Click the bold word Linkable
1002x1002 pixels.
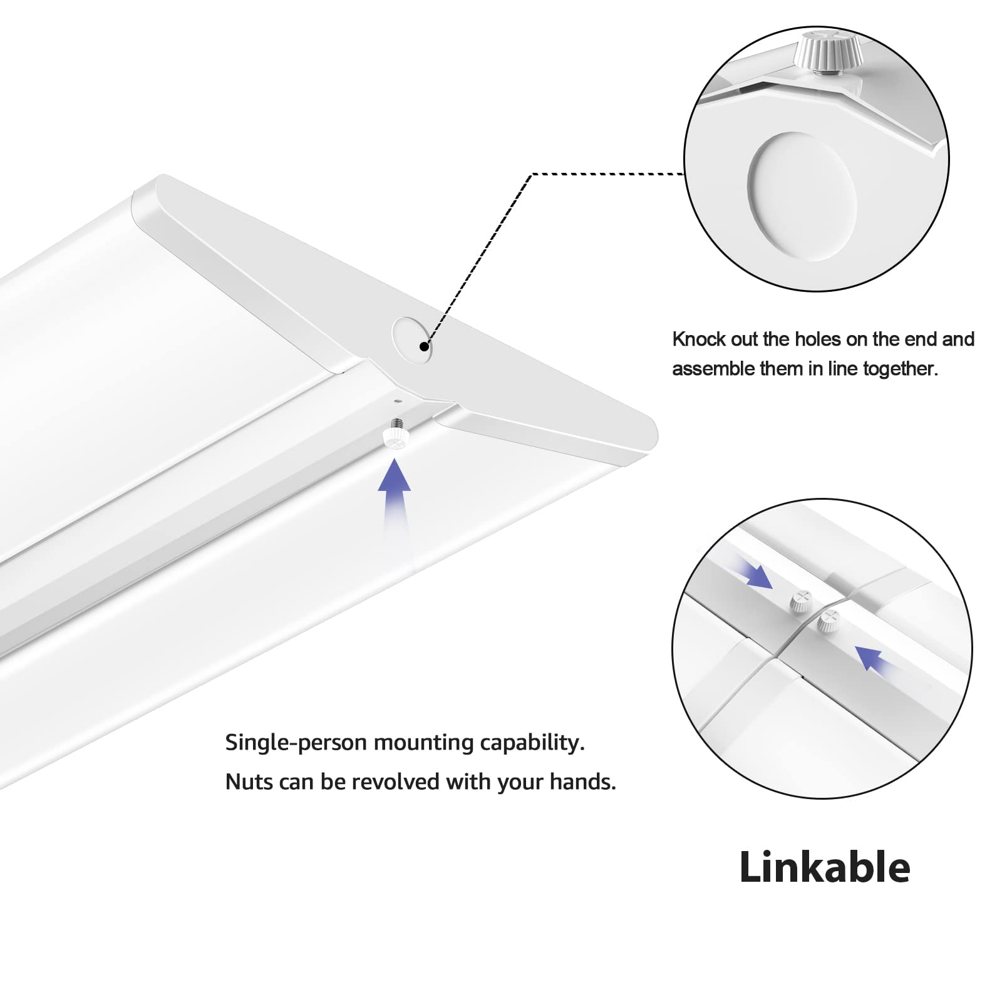824,867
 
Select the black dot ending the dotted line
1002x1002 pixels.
425,346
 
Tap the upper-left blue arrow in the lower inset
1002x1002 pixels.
755,572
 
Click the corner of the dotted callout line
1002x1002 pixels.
531,175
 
